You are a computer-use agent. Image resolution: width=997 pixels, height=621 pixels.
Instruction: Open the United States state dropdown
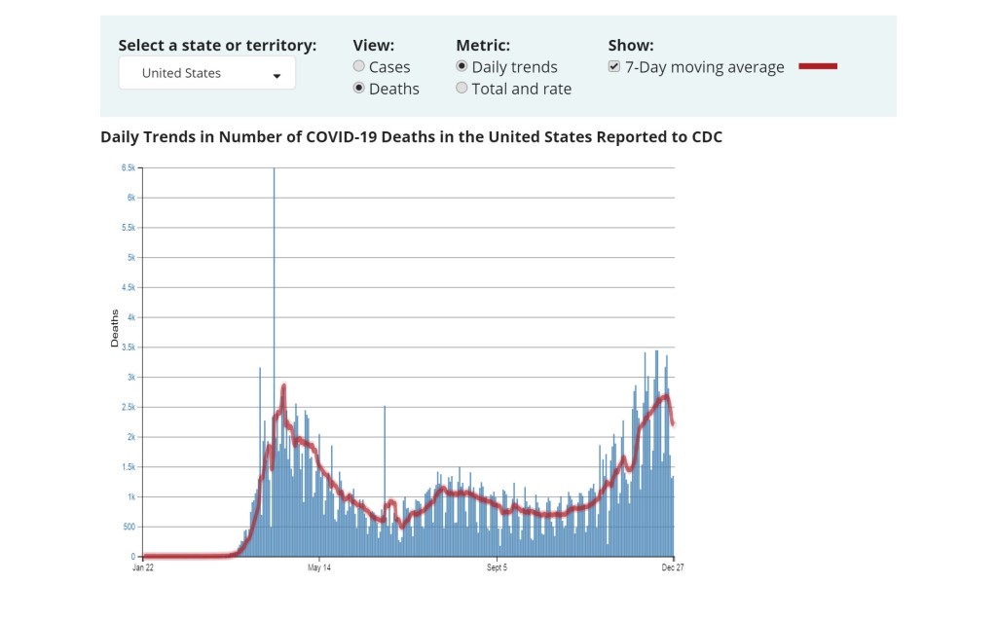point(206,74)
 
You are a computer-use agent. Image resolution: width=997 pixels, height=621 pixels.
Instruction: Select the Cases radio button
point(359,67)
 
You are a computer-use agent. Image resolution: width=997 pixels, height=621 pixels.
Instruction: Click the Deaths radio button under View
point(359,89)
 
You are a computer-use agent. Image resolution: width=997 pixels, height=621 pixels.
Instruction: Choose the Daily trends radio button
point(462,67)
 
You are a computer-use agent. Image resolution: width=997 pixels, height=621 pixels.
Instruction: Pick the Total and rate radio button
point(462,89)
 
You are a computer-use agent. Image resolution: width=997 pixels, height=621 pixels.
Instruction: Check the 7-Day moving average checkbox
point(614,67)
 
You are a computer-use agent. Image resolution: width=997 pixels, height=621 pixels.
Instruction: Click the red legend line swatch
point(818,67)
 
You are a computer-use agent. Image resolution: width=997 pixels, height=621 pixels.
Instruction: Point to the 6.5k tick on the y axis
point(129,167)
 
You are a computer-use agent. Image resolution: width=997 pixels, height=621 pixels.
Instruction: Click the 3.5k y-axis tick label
point(129,347)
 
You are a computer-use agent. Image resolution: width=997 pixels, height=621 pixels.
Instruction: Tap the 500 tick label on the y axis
point(129,527)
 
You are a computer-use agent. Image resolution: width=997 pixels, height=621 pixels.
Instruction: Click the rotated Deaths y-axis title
point(115,329)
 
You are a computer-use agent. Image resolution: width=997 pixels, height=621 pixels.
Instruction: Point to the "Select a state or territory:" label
point(217,46)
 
